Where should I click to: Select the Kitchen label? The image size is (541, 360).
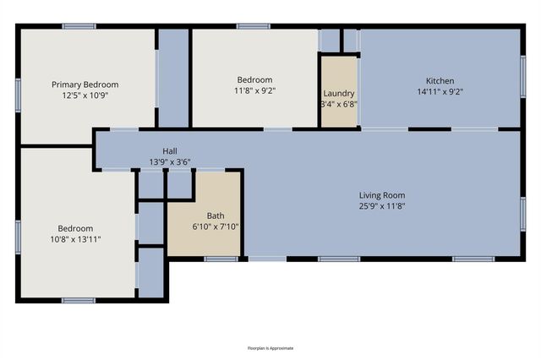(x=440, y=81)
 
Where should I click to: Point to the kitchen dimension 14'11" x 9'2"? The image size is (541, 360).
(x=440, y=92)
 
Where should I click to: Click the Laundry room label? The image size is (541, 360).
(x=338, y=93)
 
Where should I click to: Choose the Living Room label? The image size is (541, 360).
(x=383, y=195)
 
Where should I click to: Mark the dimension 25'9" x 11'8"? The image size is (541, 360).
(x=383, y=206)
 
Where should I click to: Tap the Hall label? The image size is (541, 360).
(x=170, y=151)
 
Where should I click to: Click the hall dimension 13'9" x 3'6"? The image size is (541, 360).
(x=170, y=162)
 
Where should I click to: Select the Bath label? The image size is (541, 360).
(x=204, y=215)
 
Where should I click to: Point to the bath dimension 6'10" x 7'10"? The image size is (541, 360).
(x=204, y=226)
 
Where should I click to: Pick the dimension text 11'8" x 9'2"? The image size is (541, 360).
(x=254, y=90)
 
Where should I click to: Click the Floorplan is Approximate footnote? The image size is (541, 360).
(x=270, y=347)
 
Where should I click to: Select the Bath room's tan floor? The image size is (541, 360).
(x=204, y=241)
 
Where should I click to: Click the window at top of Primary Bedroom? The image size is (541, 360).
(x=79, y=27)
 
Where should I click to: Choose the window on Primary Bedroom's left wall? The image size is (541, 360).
(x=18, y=95)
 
